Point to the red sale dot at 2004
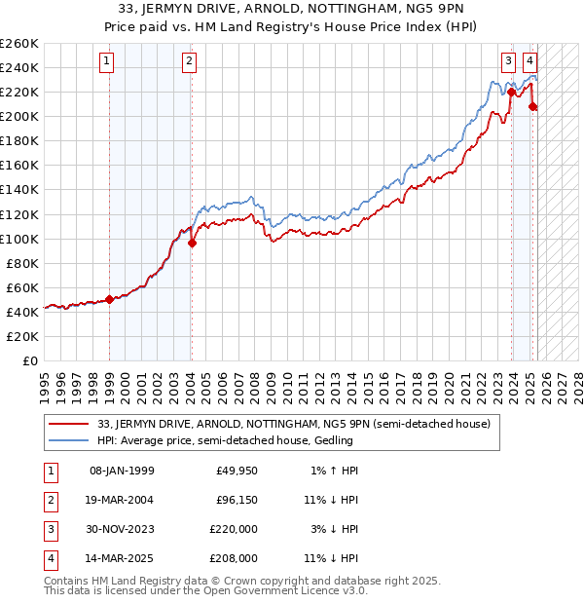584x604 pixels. click(192, 244)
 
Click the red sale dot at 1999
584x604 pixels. click(109, 300)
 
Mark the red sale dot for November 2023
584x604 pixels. click(512, 93)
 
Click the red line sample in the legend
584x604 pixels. click(68, 424)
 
